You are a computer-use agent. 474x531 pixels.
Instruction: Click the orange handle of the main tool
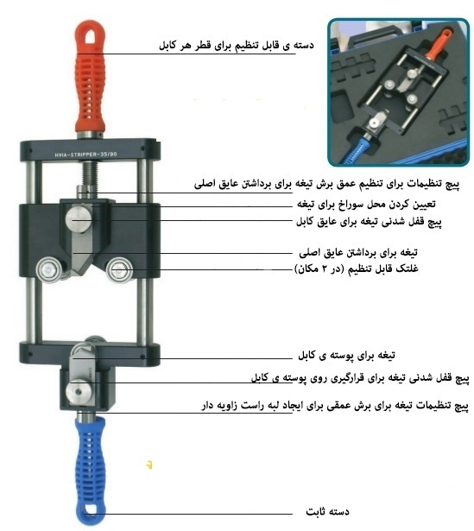[x=90, y=78]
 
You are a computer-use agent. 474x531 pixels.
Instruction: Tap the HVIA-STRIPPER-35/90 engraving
[x=86, y=155]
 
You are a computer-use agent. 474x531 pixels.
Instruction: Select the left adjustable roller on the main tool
[x=50, y=270]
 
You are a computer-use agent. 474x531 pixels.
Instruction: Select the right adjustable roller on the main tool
[x=119, y=270]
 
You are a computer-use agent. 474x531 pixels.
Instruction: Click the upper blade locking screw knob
[x=79, y=218]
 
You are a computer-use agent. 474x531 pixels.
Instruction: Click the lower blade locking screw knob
[x=79, y=392]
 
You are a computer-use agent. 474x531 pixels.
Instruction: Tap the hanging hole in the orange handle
[x=90, y=37]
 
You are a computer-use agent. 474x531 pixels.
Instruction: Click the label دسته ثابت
[x=327, y=511]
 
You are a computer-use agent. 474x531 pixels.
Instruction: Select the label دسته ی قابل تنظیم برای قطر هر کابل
[x=237, y=45]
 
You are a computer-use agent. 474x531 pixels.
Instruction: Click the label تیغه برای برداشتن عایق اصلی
[x=358, y=253]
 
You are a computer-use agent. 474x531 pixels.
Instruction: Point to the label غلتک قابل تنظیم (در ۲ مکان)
[x=357, y=269]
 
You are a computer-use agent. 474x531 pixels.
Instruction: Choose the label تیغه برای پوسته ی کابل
[x=346, y=355]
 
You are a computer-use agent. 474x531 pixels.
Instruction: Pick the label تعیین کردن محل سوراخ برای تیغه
[x=366, y=205]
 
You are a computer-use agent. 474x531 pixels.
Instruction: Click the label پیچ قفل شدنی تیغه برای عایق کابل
[x=369, y=222]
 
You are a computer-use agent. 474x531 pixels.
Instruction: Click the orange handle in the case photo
[x=439, y=44]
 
